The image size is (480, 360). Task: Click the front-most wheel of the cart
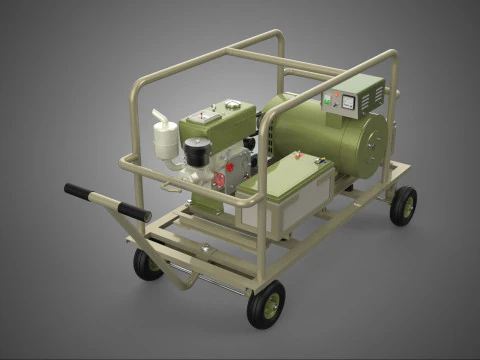click(266, 304)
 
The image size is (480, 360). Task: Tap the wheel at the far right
click(403, 205)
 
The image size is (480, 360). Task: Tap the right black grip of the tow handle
click(133, 212)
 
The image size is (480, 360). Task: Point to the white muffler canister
click(165, 143)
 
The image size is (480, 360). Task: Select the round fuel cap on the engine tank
click(233, 104)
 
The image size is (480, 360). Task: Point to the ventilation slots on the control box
click(373, 96)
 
